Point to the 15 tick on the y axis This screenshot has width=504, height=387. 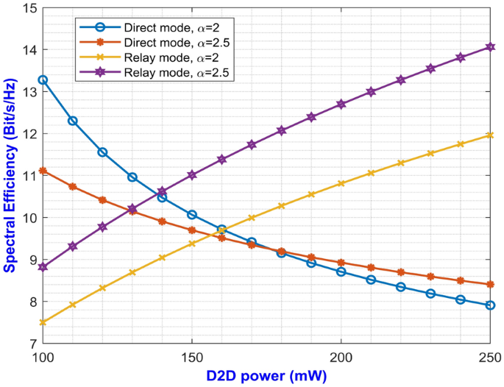pos(29,8)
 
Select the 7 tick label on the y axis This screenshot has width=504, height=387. pos(32,344)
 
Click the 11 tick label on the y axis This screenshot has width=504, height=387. pos(29,176)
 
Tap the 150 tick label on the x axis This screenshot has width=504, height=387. pos(191,356)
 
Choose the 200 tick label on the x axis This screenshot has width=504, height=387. pos(341,356)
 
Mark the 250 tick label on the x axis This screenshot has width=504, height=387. pos(489,356)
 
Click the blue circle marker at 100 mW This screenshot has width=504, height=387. pos(43,79)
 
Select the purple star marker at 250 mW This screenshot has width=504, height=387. pos(489,47)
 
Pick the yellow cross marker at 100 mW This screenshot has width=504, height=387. pos(43,322)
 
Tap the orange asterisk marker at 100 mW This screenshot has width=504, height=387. pos(43,171)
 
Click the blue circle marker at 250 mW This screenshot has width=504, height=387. pos(489,305)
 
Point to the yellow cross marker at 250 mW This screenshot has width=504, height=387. pos(489,135)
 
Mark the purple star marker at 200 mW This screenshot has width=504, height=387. pos(341,104)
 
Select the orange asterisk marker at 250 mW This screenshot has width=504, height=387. pos(489,284)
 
